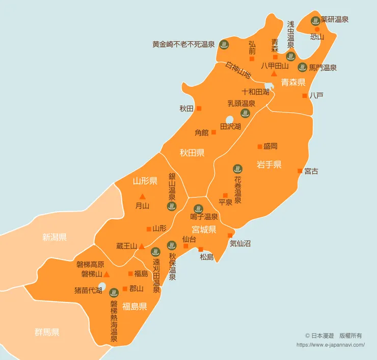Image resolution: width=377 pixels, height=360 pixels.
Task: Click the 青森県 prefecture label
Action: [x=293, y=82]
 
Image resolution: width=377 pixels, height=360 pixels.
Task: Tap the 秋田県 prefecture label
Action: [x=192, y=152]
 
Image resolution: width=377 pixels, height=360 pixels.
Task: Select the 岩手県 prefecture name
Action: [x=269, y=164]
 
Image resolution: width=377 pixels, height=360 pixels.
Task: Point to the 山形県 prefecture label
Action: [x=145, y=181]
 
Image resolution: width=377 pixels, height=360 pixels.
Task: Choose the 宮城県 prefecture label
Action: [x=204, y=229]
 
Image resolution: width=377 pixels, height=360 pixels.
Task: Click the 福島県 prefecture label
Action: [x=135, y=306]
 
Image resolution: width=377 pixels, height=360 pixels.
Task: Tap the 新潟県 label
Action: [x=55, y=237]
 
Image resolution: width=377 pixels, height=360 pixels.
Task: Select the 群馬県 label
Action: [x=47, y=332]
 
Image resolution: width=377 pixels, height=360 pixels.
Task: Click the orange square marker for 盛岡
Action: [x=259, y=146]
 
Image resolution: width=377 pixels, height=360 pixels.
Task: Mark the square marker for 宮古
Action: [x=300, y=171]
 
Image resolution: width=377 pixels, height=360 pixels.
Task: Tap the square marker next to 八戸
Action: [x=305, y=95]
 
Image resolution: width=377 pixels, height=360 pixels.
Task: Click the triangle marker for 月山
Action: [x=142, y=197]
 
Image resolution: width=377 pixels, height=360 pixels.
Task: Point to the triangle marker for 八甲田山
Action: [x=274, y=73]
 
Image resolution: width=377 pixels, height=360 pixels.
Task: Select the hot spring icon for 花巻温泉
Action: [x=237, y=169]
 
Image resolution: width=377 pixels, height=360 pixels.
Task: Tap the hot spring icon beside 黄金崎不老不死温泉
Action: [x=223, y=45]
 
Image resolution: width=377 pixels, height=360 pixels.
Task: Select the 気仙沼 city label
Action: [x=240, y=244]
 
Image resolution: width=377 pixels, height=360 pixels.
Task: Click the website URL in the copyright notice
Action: [x=330, y=344]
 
